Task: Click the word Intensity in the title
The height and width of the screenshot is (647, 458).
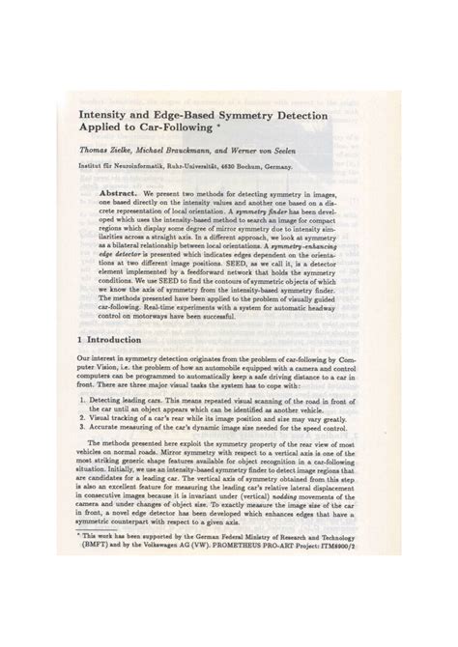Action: click(x=97, y=115)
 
